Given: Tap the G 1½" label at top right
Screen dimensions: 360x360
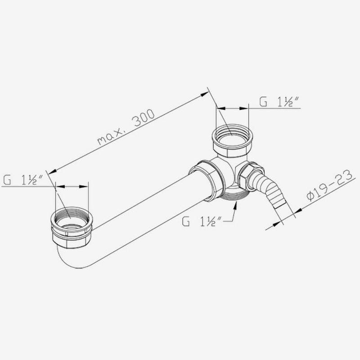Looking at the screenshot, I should click(279, 102).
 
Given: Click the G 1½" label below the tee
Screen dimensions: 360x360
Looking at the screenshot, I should click(202, 221).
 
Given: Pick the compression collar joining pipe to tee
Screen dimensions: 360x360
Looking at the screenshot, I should click(207, 180).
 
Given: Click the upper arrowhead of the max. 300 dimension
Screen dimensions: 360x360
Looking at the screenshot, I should click(207, 93).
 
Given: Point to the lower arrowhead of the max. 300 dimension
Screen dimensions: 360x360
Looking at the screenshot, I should click(51, 171).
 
